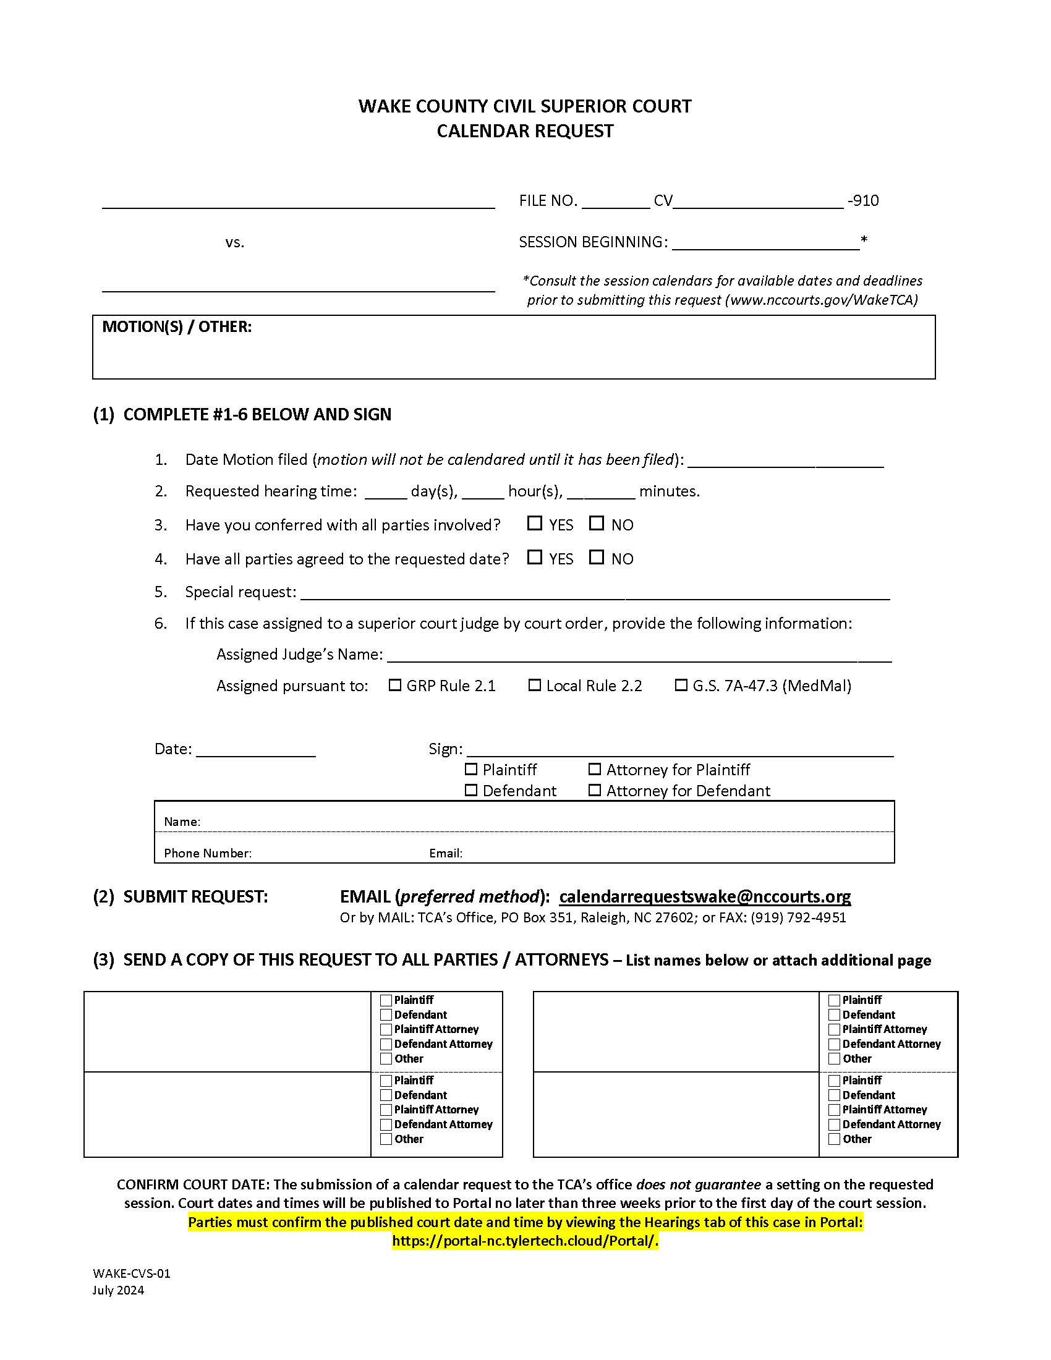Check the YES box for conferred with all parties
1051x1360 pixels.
tap(534, 523)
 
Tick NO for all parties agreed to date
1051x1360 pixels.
tap(597, 557)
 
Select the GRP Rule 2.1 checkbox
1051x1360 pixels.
tap(395, 685)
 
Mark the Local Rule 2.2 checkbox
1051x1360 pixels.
tap(534, 685)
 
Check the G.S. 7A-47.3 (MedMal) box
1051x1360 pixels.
tap(681, 685)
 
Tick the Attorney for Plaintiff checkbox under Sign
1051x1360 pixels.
tap(595, 769)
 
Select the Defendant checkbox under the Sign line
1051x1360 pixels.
tap(471, 790)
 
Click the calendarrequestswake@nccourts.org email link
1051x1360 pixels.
tap(704, 896)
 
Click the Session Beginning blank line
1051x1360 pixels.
tap(765, 243)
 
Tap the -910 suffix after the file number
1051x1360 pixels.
tap(863, 200)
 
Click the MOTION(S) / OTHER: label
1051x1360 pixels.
tap(177, 327)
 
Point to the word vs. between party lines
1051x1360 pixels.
tap(235, 242)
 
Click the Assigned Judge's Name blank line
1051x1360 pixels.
tap(639, 655)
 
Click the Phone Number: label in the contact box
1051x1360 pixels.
tap(207, 853)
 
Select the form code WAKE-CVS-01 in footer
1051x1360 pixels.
tap(131, 1273)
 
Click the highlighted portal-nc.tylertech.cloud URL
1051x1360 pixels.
tap(525, 1241)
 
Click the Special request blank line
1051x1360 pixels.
tap(595, 593)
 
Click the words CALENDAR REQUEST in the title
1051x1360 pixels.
tap(525, 131)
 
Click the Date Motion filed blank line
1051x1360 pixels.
tap(785, 461)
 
